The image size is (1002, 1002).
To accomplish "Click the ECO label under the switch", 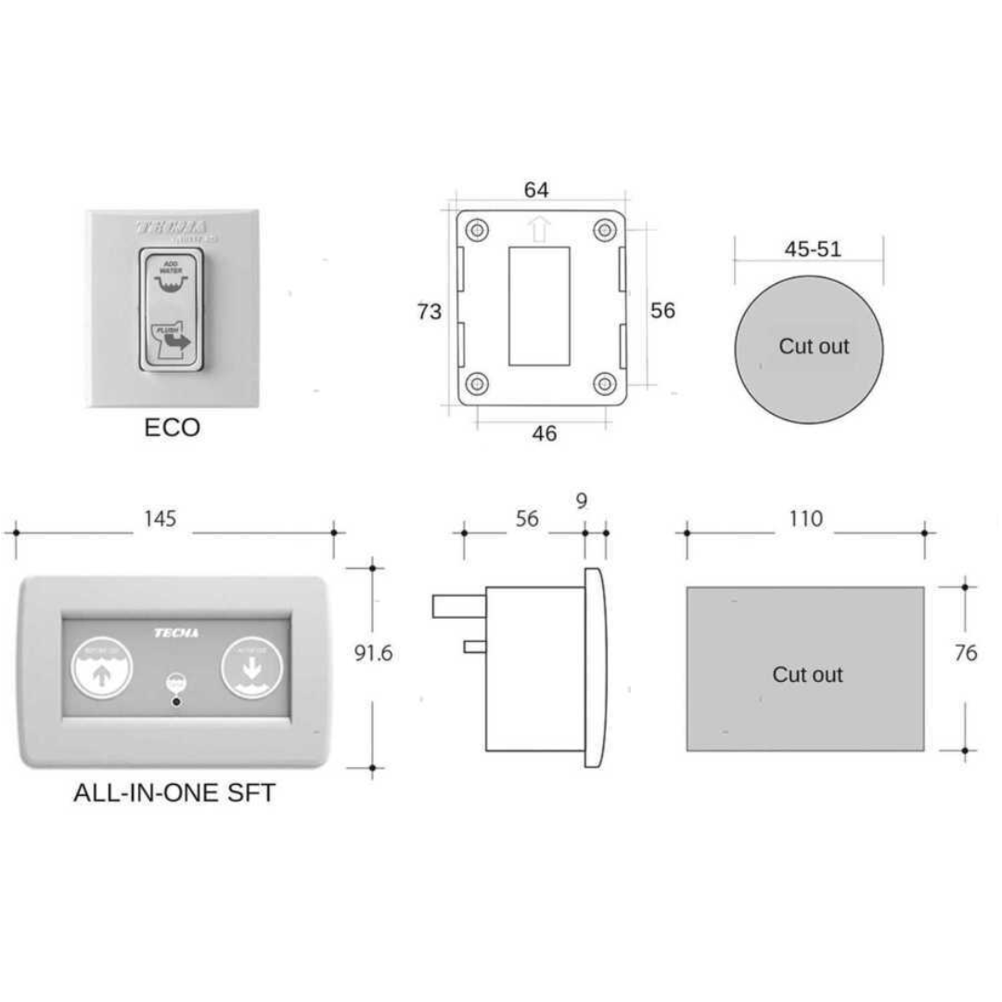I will pyautogui.click(x=173, y=428).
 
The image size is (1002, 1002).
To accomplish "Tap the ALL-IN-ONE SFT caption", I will pyautogui.click(x=174, y=794).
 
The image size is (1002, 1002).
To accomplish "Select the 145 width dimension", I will pyautogui.click(x=160, y=519).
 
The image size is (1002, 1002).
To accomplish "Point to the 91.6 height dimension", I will pyautogui.click(x=374, y=653).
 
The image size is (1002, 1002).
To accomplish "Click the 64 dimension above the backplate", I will pyautogui.click(x=536, y=190).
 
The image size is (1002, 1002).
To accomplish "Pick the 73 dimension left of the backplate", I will pyautogui.click(x=429, y=312).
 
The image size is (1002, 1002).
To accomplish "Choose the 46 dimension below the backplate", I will pyautogui.click(x=545, y=433).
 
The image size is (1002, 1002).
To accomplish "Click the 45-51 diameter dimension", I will pyautogui.click(x=812, y=249).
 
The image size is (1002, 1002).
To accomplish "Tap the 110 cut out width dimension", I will pyautogui.click(x=805, y=519).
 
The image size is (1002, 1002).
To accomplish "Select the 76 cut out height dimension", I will pyautogui.click(x=966, y=653).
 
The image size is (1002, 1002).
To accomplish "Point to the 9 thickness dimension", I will pyautogui.click(x=582, y=501).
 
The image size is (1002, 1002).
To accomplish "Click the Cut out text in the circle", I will pyautogui.click(x=814, y=346).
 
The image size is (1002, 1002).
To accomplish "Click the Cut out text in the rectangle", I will pyautogui.click(x=807, y=674).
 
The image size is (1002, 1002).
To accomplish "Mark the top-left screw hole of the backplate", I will pyautogui.click(x=478, y=229).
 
